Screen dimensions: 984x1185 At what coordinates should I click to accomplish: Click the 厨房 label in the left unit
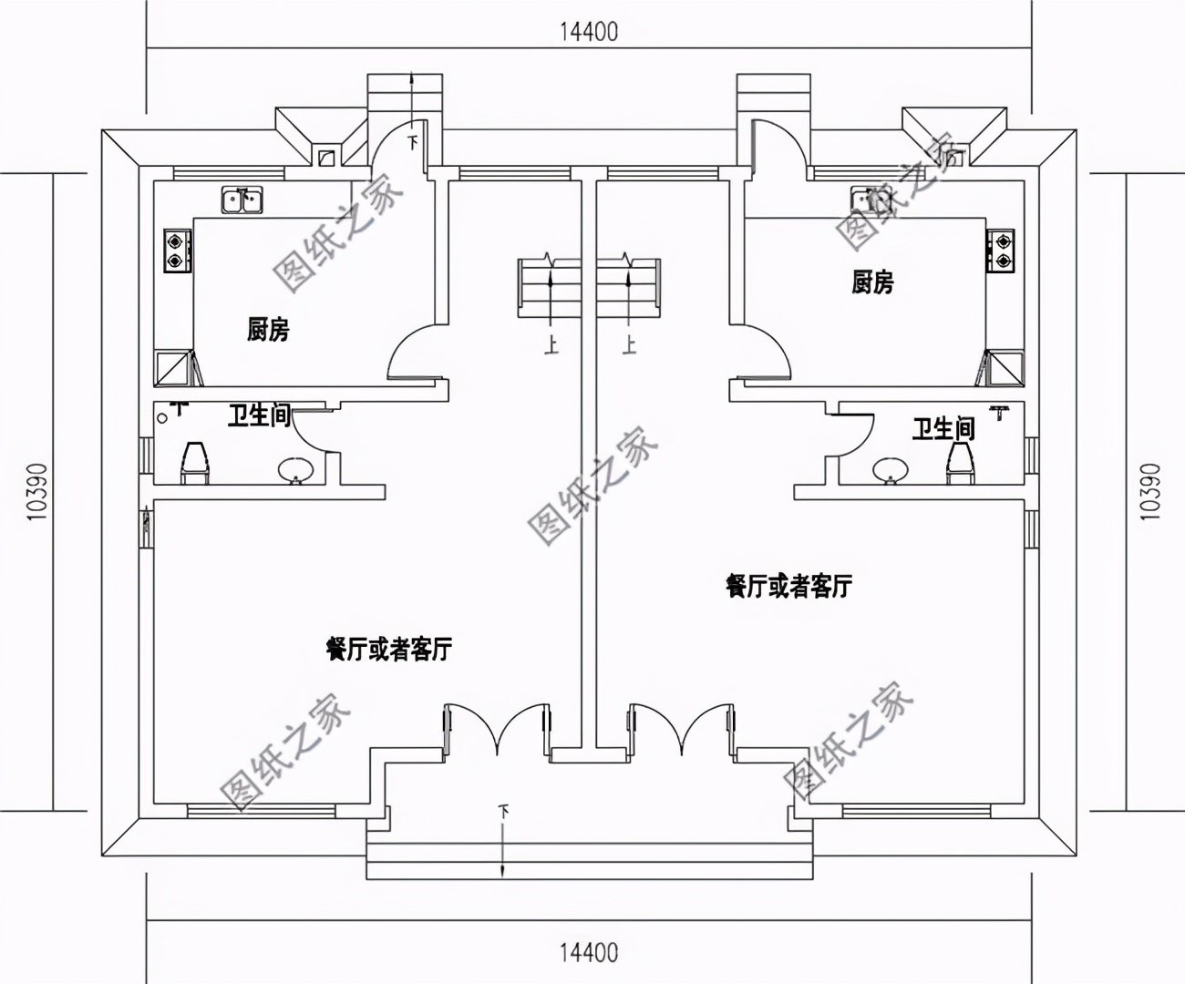click(268, 329)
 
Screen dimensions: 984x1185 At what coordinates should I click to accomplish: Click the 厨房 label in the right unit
click(872, 282)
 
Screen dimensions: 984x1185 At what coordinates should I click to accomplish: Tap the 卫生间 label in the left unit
click(258, 416)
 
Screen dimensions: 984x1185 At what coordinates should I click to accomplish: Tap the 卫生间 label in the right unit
click(943, 428)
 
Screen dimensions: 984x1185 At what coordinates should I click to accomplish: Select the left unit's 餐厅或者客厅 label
click(389, 650)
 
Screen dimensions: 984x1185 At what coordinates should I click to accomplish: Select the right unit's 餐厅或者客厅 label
click(788, 586)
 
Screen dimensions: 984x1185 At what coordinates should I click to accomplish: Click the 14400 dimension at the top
click(589, 32)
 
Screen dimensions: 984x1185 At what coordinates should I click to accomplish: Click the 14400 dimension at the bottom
click(589, 952)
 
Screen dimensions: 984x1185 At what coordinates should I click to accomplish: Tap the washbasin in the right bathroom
click(888, 470)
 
